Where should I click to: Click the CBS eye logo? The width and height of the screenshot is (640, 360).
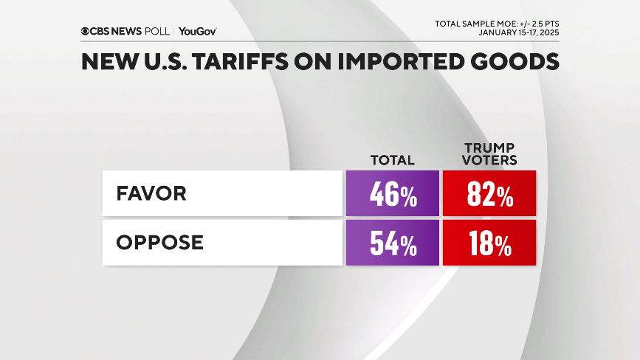point(86,31)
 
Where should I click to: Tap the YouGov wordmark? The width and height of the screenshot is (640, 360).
point(197,31)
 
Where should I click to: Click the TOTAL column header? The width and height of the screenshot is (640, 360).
point(392,160)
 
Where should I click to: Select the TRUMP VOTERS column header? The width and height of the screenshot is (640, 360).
point(489,153)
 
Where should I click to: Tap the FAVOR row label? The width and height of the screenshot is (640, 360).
point(151,194)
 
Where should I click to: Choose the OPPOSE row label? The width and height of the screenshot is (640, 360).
point(160,242)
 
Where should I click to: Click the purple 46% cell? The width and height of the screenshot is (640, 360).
point(392,195)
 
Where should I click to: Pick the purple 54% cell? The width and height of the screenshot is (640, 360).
point(392,243)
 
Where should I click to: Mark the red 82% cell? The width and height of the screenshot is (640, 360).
point(489,195)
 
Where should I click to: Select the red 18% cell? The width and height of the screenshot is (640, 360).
point(489,243)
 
